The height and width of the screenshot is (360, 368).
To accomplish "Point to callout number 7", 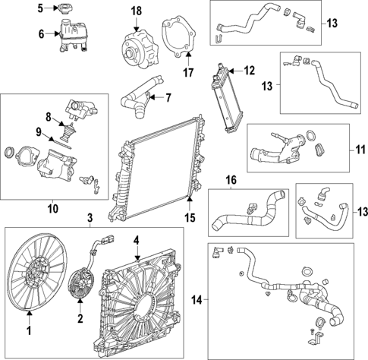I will pyautogui.click(x=168, y=97).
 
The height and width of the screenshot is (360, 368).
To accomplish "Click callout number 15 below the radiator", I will pyautogui.click(x=190, y=217).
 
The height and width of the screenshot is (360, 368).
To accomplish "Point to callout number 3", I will pyautogui.click(x=90, y=219).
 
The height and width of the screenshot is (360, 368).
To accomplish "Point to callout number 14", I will pyautogui.click(x=197, y=301).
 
